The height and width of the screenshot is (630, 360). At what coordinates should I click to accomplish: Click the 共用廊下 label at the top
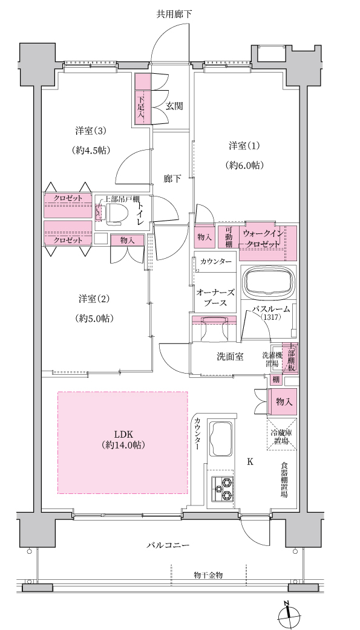coord(174,15)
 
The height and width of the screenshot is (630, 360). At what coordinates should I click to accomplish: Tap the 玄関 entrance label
coord(175,106)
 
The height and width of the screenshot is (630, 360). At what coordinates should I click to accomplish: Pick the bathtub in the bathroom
coord(268,283)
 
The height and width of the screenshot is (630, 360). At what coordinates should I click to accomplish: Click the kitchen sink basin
coord(220,439)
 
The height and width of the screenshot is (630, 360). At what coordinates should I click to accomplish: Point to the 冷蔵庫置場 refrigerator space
coord(281,434)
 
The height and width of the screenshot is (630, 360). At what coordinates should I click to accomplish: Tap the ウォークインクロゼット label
coord(263,238)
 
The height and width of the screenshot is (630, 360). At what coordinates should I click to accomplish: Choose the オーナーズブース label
coord(215,297)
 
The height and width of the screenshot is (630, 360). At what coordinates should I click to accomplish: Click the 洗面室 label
coord(230,356)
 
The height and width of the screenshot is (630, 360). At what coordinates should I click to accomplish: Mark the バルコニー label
coord(168,545)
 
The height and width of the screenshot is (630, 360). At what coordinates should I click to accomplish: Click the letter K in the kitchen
coord(250,462)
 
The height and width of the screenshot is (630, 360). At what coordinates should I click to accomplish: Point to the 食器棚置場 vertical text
coord(284,481)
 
